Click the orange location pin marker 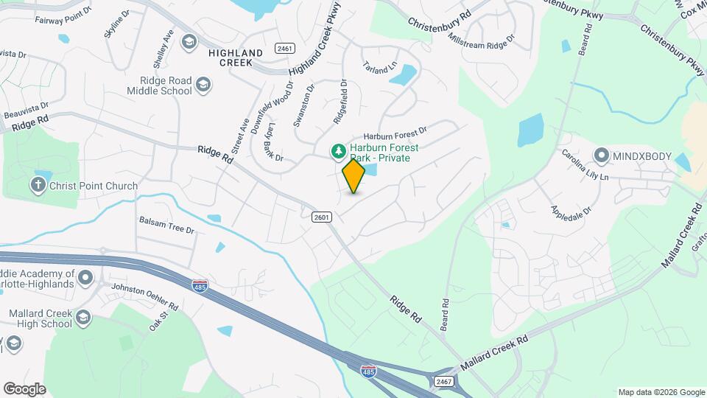pyautogui.click(x=353, y=175)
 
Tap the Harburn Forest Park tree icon pyautogui.click(x=339, y=151)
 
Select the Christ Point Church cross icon pyautogui.click(x=38, y=186)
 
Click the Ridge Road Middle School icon pyautogui.click(x=203, y=87)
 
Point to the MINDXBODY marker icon pyautogui.click(x=602, y=156)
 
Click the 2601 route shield pyautogui.click(x=322, y=217)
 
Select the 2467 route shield pyautogui.click(x=443, y=381)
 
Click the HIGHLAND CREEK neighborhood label pyautogui.click(x=236, y=57)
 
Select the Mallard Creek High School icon pyautogui.click(x=83, y=318)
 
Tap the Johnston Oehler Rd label pyautogui.click(x=144, y=295)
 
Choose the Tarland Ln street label pyautogui.click(x=379, y=67)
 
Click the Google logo pyautogui.click(x=24, y=388)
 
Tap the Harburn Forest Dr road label pyautogui.click(x=395, y=136)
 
